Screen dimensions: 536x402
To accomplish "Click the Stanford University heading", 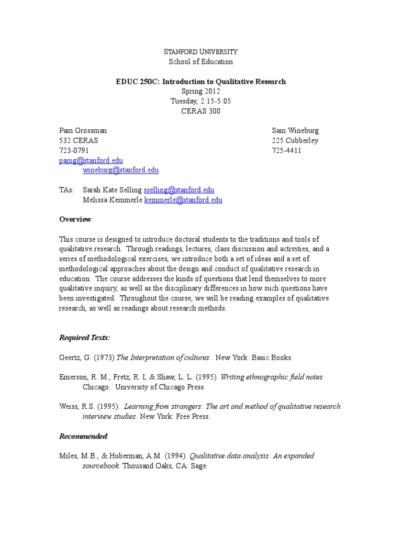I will (x=200, y=51).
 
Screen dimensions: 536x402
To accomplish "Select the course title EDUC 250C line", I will (x=200, y=81).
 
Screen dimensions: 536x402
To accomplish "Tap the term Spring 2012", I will (x=200, y=91).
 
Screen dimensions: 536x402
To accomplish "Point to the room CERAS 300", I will (x=200, y=111).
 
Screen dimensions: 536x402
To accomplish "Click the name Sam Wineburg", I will (x=295, y=130).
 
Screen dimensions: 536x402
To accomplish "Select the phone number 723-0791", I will (x=74, y=150).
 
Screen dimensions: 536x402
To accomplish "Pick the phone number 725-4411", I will (x=287, y=150).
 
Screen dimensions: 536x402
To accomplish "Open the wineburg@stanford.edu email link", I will (x=120, y=170).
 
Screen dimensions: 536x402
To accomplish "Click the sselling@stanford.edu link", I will (x=178, y=190).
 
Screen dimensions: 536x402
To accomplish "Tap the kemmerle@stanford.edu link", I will (x=183, y=200).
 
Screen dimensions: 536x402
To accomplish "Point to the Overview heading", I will (x=75, y=219).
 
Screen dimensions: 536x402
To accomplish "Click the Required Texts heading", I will (x=84, y=338).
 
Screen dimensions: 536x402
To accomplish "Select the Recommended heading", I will (x=83, y=436).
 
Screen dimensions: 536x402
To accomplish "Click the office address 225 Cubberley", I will (x=295, y=140).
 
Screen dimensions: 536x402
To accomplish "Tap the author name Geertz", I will (x=70, y=358).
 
